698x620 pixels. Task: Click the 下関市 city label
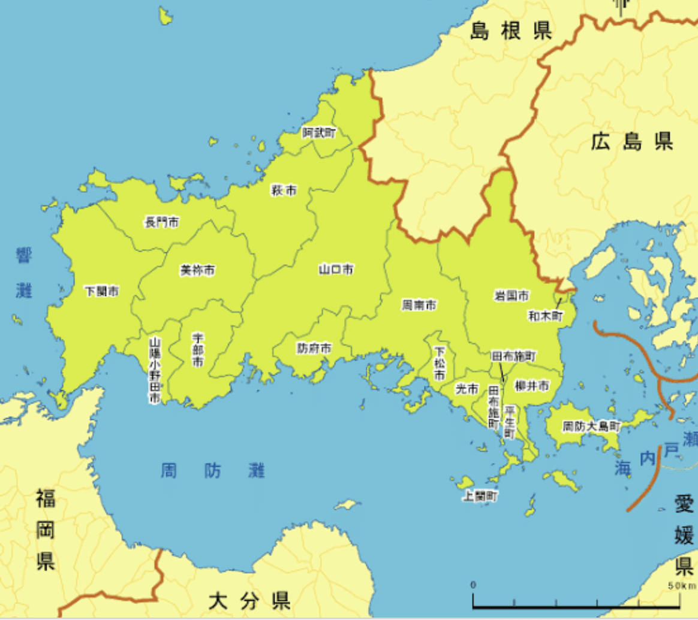pyautogui.click(x=101, y=292)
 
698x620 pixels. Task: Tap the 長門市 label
pyautogui.click(x=161, y=222)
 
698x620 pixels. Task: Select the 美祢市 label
pyautogui.click(x=197, y=271)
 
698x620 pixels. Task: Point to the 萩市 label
pyautogui.click(x=284, y=191)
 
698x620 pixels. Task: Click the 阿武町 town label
pyautogui.click(x=318, y=133)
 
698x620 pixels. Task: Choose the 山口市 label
pyautogui.click(x=336, y=270)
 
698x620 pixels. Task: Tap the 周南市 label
pyautogui.click(x=419, y=306)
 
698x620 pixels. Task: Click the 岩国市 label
pyautogui.click(x=512, y=295)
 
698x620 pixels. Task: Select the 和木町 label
pyautogui.click(x=546, y=314)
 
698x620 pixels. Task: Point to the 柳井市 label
pyautogui.click(x=532, y=386)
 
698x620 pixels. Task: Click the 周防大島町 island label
pyautogui.click(x=591, y=427)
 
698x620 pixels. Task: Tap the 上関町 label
pyautogui.click(x=480, y=496)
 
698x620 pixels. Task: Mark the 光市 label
pyautogui.click(x=467, y=389)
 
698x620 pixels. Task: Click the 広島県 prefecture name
pyautogui.click(x=631, y=142)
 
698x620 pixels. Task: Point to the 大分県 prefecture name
pyautogui.click(x=249, y=599)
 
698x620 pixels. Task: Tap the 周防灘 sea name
pyautogui.click(x=213, y=471)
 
